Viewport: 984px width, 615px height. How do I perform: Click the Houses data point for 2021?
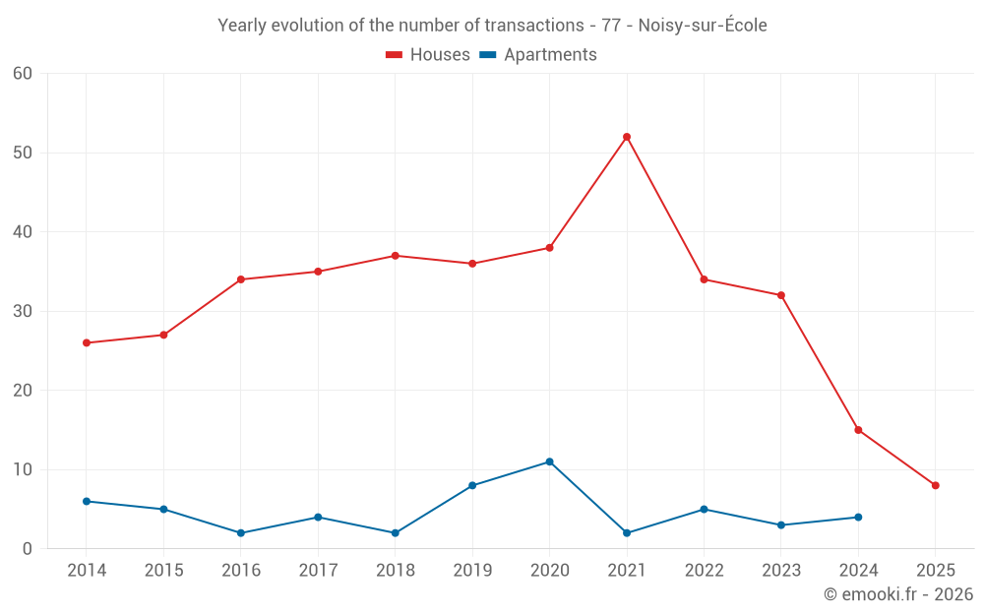[x=627, y=137]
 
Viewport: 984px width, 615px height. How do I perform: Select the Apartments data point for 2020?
[x=549, y=461]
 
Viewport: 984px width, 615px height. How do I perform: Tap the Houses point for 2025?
[x=935, y=485]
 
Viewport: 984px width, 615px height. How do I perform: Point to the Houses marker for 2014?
[x=87, y=342]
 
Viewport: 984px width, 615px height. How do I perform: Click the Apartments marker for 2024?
[x=858, y=517]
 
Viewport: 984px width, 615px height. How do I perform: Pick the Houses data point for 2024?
[x=858, y=430]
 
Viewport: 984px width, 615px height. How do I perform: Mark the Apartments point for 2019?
[x=472, y=485]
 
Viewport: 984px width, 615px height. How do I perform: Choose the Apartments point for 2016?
[x=241, y=532]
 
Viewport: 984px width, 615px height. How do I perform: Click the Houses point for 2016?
[x=241, y=279]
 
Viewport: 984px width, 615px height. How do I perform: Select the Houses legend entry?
[x=428, y=55]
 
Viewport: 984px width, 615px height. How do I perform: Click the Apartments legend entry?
[x=538, y=55]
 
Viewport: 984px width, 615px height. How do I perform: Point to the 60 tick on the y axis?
[x=23, y=74]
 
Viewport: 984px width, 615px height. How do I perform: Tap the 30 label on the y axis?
[x=23, y=311]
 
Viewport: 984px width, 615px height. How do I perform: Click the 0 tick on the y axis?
[x=28, y=549]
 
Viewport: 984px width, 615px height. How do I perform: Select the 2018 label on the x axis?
[x=396, y=570]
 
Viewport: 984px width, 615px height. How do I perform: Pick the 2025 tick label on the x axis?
[x=935, y=570]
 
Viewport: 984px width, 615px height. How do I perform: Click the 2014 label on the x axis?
[x=87, y=570]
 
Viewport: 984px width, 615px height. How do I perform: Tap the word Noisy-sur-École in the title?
[x=702, y=26]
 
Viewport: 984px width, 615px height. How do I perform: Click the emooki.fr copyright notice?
[x=897, y=594]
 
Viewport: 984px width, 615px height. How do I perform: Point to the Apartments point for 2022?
[x=704, y=509]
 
